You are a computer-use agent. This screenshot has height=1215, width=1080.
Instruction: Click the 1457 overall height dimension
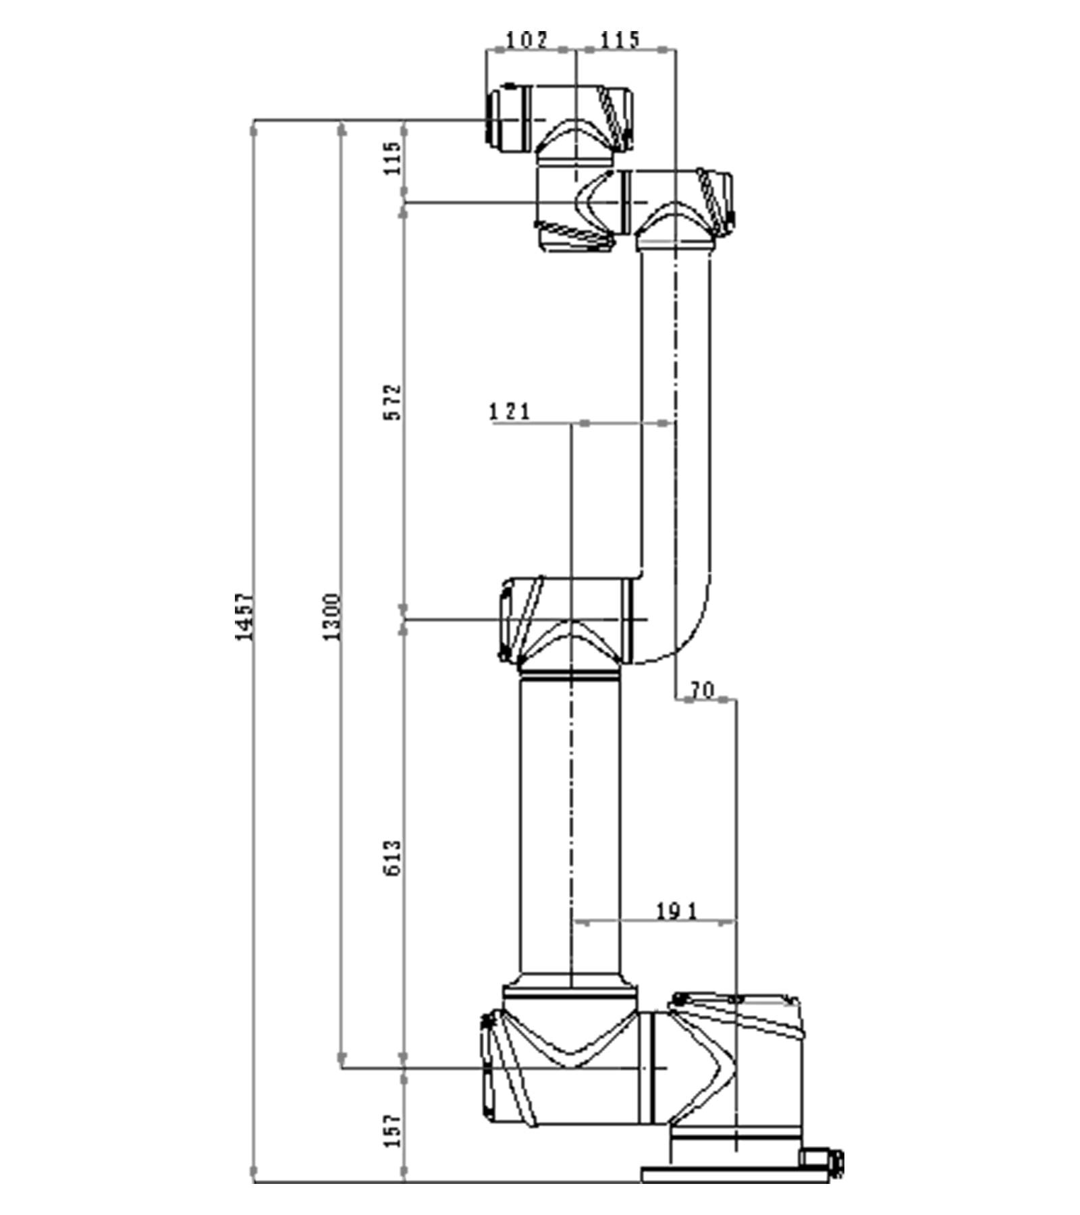point(244,616)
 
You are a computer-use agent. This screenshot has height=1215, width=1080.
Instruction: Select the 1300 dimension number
point(331,616)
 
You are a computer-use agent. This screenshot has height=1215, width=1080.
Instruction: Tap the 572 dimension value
point(392,402)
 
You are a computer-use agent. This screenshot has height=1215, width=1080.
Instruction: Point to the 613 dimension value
point(392,857)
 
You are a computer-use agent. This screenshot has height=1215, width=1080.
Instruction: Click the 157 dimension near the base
point(392,1129)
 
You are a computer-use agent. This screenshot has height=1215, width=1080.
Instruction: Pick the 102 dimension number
point(526,40)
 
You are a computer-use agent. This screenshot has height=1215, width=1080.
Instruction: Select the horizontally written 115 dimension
point(620,40)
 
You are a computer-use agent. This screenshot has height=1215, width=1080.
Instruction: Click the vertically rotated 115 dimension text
point(392,158)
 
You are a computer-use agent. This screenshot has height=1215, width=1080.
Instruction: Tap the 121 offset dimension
point(510,411)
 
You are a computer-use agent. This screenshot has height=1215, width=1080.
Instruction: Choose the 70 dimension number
point(702,690)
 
